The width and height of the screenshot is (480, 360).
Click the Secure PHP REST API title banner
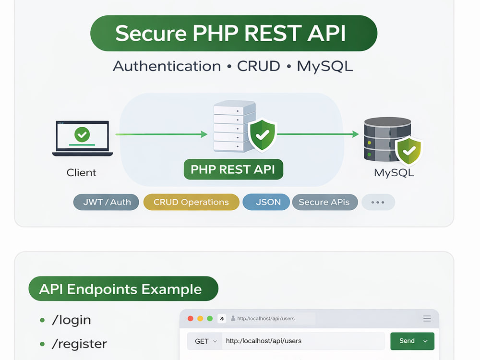pyautogui.click(x=234, y=33)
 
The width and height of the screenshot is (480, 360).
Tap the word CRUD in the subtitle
pyautogui.click(x=258, y=66)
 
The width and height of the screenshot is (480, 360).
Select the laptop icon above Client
pyautogui.click(x=83, y=138)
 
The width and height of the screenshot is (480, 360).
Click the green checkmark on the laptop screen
pyautogui.click(x=82, y=134)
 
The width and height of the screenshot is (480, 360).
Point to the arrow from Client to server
pyautogui.click(x=161, y=134)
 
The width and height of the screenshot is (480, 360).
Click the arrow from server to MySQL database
pyautogui.click(x=318, y=134)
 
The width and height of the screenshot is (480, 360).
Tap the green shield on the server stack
pyautogui.click(x=263, y=135)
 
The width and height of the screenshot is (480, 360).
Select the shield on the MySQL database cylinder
pyautogui.click(x=409, y=150)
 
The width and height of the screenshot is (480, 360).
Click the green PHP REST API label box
pyautogui.click(x=233, y=169)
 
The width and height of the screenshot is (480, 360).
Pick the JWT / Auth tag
pyautogui.click(x=106, y=202)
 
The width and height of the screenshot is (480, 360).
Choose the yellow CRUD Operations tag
pyautogui.click(x=192, y=202)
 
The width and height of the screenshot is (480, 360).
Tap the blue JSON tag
pyautogui.click(x=266, y=202)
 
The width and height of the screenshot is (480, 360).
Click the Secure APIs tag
pyautogui.click(x=325, y=202)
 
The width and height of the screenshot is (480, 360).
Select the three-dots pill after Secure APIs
pyautogui.click(x=378, y=202)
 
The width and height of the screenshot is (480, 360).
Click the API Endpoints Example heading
pyautogui.click(x=123, y=288)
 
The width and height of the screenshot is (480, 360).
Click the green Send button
pyautogui.click(x=412, y=341)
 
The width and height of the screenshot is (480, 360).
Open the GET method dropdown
pyautogui.click(x=206, y=341)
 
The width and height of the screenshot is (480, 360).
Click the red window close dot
pyautogui.click(x=191, y=318)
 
